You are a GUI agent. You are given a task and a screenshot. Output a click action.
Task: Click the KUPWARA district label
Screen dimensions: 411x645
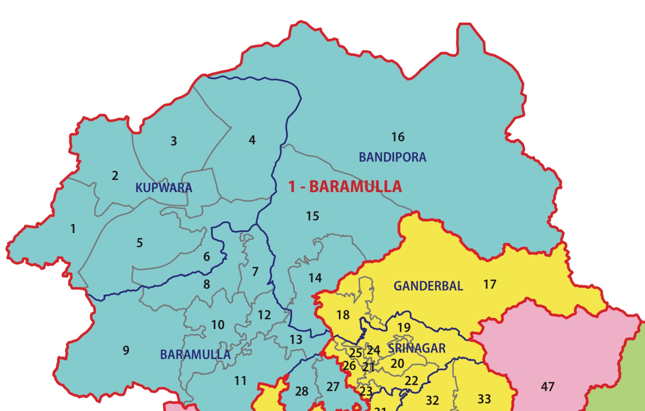point(164,188)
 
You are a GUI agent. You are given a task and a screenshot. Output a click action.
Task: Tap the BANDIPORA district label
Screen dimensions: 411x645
point(392,157)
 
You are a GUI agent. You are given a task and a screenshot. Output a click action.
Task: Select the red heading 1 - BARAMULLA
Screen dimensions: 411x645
point(345,186)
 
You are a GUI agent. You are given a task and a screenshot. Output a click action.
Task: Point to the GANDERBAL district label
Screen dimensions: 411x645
point(428,286)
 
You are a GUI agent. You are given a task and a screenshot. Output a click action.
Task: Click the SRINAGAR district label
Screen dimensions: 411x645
point(417,348)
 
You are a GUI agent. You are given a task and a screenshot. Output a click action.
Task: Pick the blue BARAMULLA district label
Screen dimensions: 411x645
point(195,354)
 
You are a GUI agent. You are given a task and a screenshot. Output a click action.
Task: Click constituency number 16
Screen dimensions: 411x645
point(398,137)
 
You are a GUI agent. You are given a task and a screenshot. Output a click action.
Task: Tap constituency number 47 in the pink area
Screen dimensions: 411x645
point(547,387)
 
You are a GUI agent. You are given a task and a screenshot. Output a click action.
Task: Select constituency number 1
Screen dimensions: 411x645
point(73,229)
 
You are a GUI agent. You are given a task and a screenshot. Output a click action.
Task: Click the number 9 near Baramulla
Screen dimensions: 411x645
point(126,350)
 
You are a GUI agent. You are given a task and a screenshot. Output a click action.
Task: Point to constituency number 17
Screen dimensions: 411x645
point(490,284)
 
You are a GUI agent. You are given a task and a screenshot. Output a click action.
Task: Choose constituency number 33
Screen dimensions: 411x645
point(484,399)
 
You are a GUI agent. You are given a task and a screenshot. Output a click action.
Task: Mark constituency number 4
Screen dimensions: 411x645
point(252,140)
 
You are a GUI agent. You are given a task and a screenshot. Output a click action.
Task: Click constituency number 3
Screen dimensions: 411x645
point(174,141)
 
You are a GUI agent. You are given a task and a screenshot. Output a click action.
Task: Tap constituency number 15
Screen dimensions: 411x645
point(312,216)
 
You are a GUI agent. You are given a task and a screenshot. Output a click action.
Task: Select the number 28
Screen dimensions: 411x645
point(301,391)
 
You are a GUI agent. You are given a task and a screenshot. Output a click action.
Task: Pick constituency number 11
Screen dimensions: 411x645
point(240,381)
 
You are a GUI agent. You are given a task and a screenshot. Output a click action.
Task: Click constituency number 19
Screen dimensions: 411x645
point(404,328)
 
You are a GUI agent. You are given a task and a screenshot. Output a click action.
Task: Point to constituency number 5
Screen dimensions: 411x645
point(140,243)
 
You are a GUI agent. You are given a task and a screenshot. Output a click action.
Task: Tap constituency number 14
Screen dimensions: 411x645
point(315,278)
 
